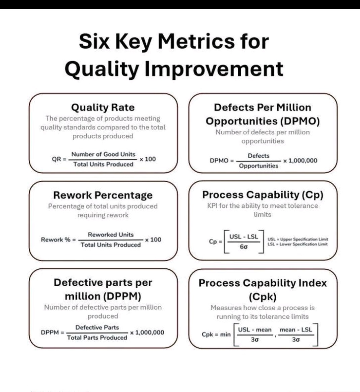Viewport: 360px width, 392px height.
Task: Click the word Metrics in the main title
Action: pos(196,41)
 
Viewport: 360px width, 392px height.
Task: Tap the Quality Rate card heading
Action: pos(103,107)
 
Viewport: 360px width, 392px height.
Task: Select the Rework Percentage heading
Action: pos(103,195)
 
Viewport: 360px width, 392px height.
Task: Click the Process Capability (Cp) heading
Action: pos(263,195)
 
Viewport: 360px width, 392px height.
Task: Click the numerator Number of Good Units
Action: pos(103,154)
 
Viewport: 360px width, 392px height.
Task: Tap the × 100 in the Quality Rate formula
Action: pos(148,159)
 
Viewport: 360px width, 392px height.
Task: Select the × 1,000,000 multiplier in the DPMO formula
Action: pos(300,160)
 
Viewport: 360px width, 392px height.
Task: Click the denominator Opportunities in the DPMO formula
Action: pos(258,166)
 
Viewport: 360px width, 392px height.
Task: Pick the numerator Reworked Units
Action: pos(111,235)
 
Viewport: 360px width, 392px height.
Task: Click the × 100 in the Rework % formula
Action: pos(153,240)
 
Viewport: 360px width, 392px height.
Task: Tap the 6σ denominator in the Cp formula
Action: pos(244,247)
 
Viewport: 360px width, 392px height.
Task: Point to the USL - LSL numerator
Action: pos(244,237)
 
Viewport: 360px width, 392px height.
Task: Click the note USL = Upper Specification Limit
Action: pos(298,239)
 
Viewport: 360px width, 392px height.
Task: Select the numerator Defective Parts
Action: pos(97,328)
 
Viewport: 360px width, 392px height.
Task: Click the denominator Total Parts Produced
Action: pos(97,338)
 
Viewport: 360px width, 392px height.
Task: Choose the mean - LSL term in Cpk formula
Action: pos(296,330)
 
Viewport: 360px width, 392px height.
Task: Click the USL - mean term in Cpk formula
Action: pos(255,330)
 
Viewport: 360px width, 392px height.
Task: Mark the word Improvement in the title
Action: pos(214,69)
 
